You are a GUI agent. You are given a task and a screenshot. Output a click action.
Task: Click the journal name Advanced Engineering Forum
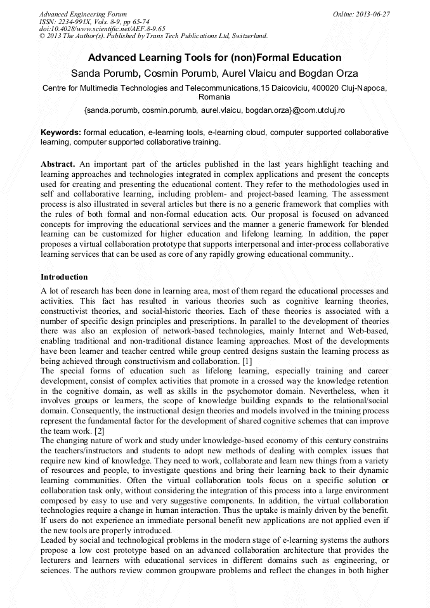[82, 13]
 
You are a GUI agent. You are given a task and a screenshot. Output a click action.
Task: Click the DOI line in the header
[102, 29]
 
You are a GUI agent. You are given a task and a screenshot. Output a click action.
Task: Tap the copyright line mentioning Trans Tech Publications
[153, 36]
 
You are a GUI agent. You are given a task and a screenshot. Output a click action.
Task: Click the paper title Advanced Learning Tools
[214, 58]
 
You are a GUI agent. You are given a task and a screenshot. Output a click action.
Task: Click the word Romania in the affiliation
[214, 98]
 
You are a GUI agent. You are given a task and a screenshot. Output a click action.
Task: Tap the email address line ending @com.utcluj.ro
[214, 110]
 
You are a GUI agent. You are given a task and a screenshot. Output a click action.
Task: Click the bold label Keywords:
[61, 133]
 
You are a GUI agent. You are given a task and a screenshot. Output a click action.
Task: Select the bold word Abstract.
[58, 164]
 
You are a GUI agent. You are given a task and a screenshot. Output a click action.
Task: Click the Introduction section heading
[64, 277]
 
